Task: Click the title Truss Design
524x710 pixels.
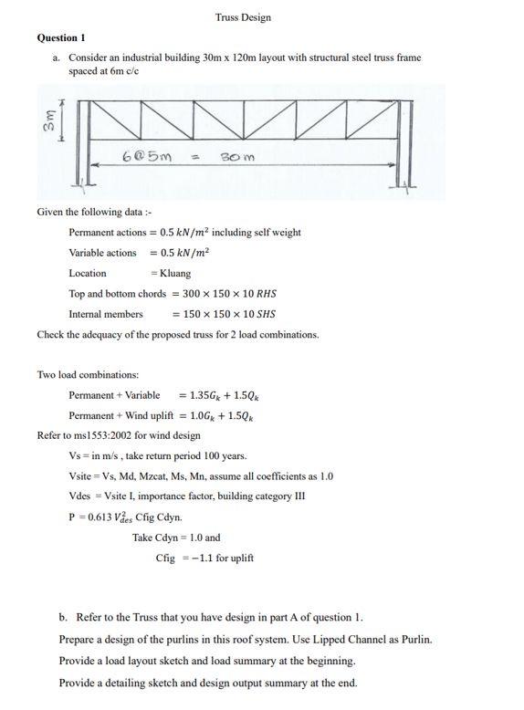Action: point(243,17)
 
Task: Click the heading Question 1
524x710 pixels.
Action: point(61,37)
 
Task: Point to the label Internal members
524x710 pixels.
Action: point(106,314)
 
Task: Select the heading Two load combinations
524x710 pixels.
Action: point(88,374)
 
